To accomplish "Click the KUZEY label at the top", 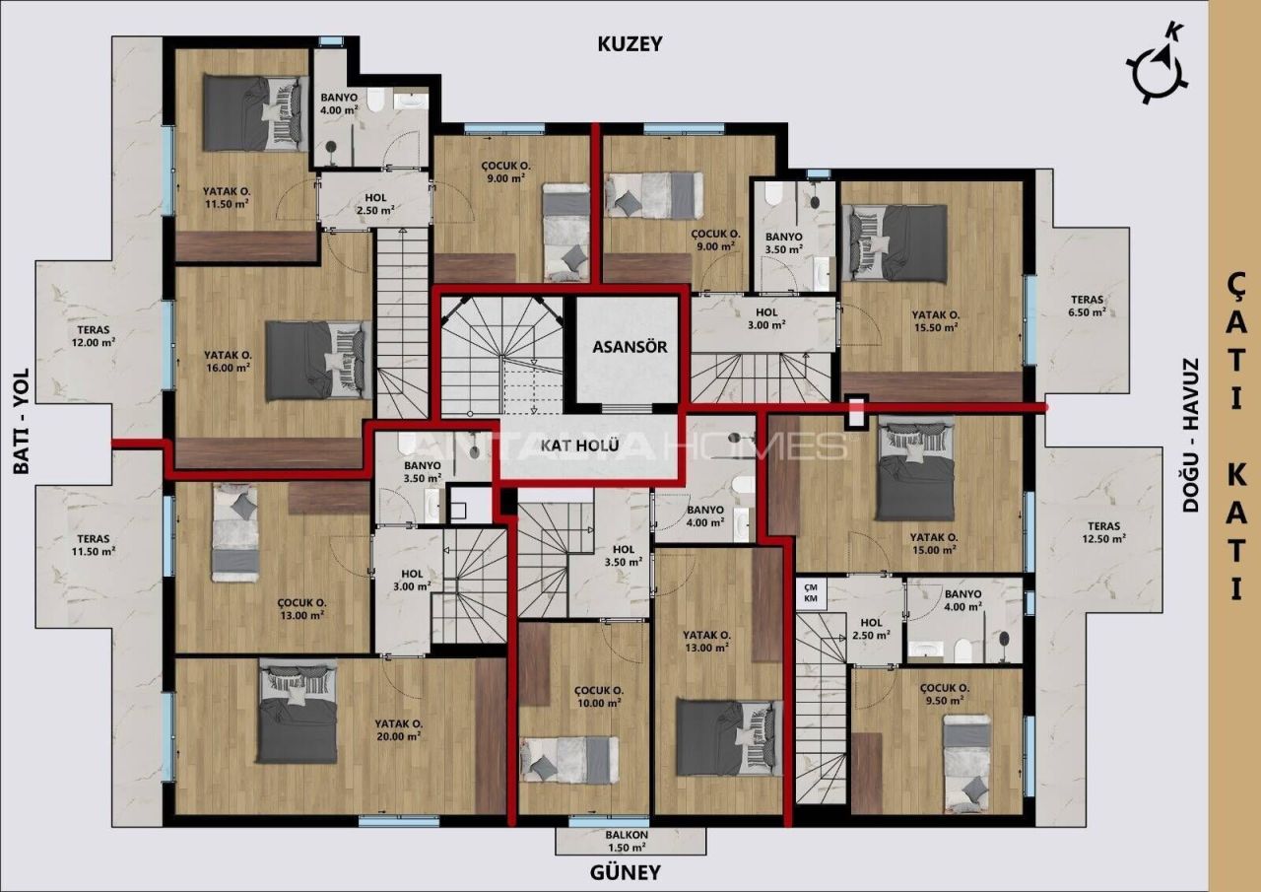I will point(630,44).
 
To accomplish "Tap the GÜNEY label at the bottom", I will point(625,872).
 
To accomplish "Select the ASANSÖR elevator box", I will point(630,348).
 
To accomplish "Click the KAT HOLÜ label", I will point(579,446).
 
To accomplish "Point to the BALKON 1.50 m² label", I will point(627,840).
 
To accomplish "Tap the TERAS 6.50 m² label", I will point(1088,305).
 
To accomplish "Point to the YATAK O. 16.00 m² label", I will point(228,361).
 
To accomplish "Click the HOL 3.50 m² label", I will point(623,556).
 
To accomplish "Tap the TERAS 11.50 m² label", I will point(94,545).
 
